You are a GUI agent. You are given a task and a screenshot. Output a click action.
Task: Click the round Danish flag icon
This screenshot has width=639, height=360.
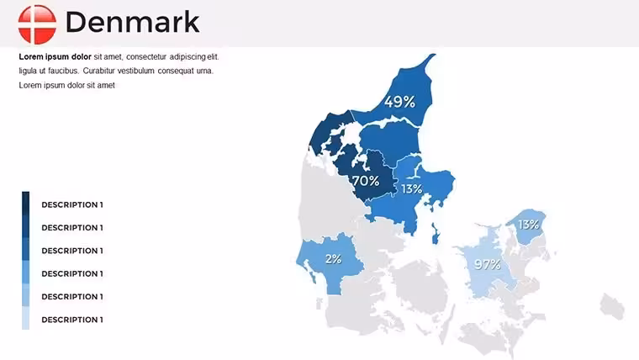point(37,24)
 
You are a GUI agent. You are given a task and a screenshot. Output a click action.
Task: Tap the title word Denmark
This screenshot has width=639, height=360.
point(133,22)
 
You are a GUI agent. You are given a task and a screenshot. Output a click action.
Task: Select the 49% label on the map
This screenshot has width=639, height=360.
point(399,102)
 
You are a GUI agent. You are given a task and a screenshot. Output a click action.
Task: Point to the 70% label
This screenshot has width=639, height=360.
point(366,181)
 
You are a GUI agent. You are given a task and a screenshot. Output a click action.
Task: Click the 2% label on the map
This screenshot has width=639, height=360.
point(333,259)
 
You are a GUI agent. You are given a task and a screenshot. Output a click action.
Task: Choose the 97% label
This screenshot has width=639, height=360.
point(488,265)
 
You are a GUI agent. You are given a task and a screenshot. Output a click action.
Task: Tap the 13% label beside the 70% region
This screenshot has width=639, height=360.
point(412,188)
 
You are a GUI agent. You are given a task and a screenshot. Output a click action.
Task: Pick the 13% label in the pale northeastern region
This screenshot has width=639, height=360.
point(529,225)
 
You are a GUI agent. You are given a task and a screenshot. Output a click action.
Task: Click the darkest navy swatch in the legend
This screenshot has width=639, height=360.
point(26,203)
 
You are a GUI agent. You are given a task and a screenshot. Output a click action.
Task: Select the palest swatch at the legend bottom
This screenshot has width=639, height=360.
point(26,318)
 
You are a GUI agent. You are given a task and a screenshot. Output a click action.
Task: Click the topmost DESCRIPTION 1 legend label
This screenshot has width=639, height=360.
point(72,204)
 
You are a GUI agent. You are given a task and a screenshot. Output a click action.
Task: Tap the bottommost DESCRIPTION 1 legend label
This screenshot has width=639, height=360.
point(72,320)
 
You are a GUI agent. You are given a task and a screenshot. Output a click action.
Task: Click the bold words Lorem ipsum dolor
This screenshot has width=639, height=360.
point(55,56)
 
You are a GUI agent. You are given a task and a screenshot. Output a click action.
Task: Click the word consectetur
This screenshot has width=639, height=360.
point(146,56)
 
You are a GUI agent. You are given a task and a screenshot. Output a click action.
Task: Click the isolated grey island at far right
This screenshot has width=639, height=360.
point(612,306)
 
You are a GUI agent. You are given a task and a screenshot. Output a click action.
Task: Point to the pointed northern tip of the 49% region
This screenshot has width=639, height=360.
point(434,55)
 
